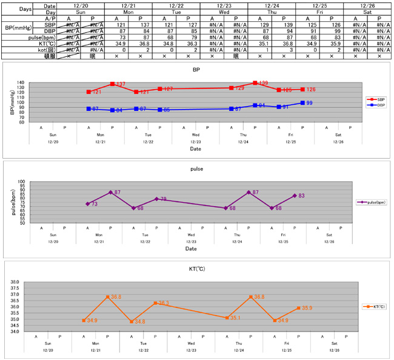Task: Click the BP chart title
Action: [x=196, y=70]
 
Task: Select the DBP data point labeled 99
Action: [x=302, y=103]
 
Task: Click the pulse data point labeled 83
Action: [x=295, y=195]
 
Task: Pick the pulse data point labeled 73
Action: [x=87, y=204]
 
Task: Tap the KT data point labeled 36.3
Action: [x=155, y=302]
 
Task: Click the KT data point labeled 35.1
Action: [x=227, y=318]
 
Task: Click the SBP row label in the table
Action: [x=50, y=24]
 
